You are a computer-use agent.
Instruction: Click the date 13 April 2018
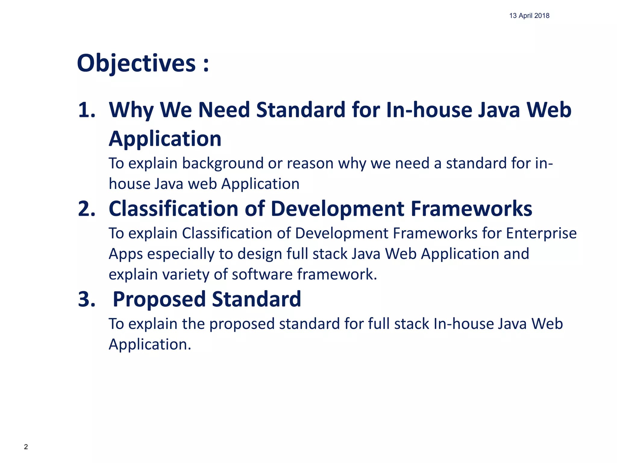(529, 16)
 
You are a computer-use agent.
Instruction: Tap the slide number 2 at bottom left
(26, 447)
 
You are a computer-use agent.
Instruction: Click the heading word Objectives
(136, 63)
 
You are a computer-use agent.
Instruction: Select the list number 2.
(86, 209)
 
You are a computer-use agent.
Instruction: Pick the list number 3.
(86, 299)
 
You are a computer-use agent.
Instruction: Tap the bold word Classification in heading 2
(174, 209)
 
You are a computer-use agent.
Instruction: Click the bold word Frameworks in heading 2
(471, 209)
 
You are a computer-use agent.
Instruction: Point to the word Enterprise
(541, 233)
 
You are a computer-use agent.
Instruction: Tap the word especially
(181, 254)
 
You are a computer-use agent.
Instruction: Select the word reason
(310, 164)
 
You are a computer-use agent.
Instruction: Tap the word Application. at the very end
(150, 345)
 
